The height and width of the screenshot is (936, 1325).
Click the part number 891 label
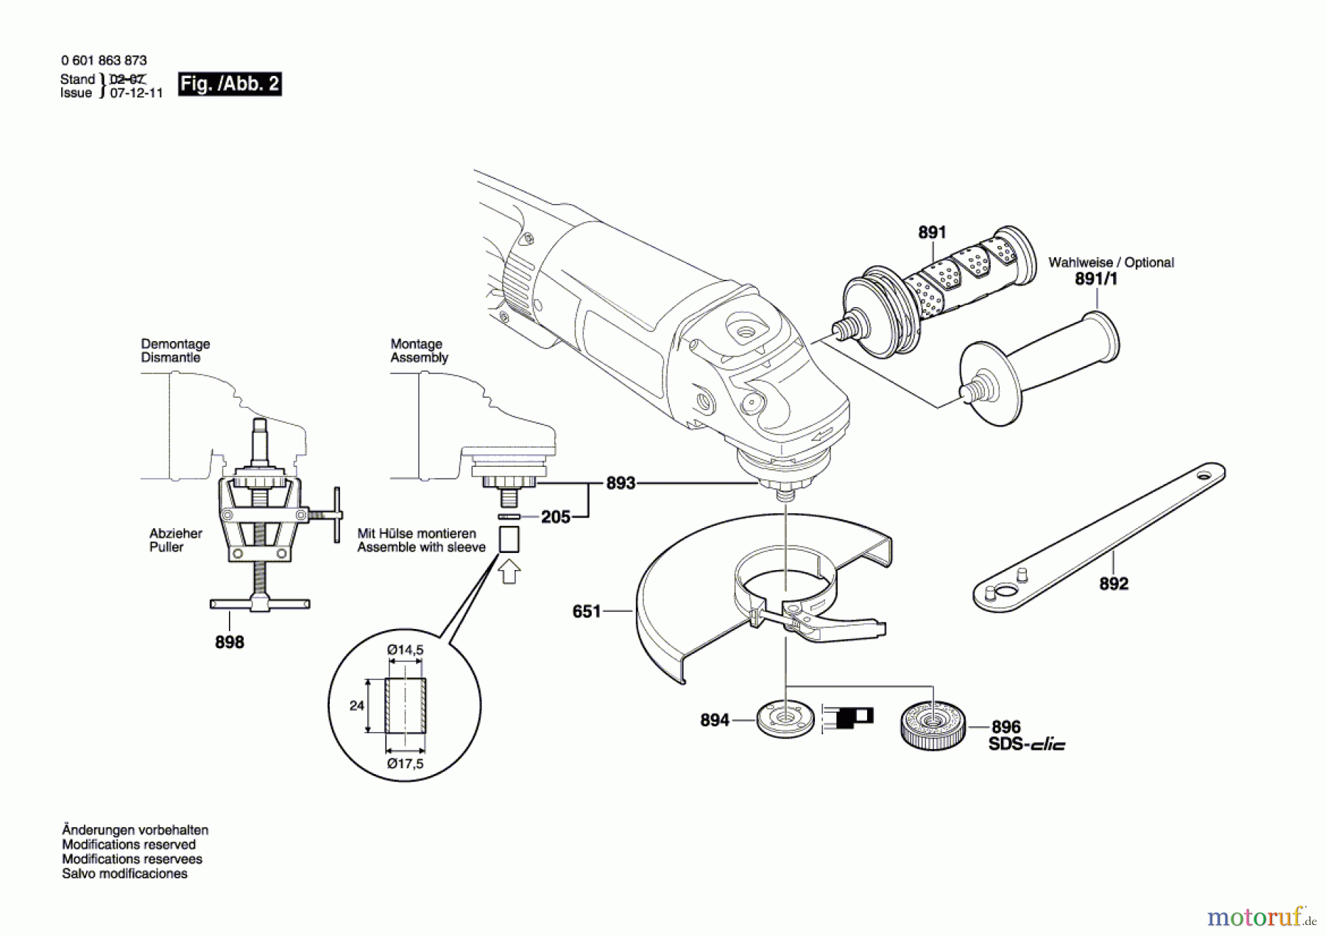[931, 233]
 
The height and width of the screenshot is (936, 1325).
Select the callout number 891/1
[1095, 279]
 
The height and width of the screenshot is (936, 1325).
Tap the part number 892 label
[1113, 584]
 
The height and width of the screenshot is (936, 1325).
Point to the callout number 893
[621, 484]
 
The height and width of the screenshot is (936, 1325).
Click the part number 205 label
[556, 517]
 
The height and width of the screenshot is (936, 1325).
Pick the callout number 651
[587, 611]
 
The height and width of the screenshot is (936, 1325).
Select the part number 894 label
[714, 720]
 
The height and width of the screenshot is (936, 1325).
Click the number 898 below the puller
[229, 642]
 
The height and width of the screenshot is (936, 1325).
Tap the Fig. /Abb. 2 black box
[230, 84]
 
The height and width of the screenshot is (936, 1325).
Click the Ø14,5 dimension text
[405, 650]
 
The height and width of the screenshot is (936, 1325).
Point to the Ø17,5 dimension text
[405, 764]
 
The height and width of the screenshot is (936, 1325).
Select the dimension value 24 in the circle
[356, 705]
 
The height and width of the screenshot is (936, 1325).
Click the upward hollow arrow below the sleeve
[509, 571]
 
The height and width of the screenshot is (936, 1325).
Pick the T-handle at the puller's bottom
[259, 605]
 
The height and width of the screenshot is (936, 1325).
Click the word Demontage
[175, 344]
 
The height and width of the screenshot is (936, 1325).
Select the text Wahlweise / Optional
[1111, 262]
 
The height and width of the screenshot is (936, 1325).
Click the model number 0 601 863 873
[104, 60]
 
